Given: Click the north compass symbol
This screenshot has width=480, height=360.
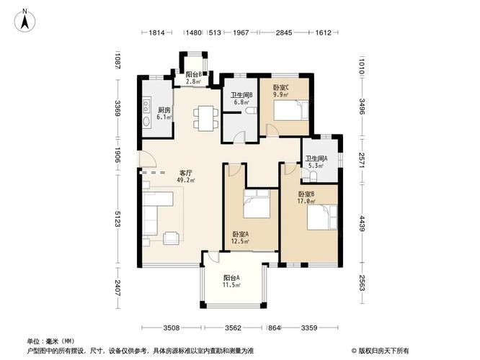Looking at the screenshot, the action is (x=25, y=20).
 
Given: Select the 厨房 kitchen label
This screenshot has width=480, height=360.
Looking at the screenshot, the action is (x=164, y=110).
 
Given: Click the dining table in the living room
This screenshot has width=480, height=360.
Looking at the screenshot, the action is (x=205, y=118).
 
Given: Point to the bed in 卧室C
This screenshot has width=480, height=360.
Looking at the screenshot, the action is (x=291, y=110).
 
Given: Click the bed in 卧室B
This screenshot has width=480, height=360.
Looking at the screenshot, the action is (x=322, y=217).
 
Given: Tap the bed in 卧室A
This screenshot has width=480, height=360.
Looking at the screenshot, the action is (x=257, y=204).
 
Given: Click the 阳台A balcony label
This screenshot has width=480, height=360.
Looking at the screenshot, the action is (x=231, y=278).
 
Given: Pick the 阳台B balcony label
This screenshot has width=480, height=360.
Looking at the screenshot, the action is (x=194, y=74).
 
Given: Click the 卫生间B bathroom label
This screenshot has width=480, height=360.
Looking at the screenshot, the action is (x=241, y=95).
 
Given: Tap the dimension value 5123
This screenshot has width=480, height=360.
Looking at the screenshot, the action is (x=117, y=219).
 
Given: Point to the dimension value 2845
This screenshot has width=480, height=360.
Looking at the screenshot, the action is (x=284, y=32).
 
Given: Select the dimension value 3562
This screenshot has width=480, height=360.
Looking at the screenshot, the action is (x=234, y=328).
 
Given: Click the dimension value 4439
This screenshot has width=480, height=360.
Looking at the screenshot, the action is (x=362, y=224).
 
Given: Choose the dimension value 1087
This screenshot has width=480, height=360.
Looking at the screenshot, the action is (x=117, y=62).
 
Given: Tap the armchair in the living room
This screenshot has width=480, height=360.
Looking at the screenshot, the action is (x=171, y=238).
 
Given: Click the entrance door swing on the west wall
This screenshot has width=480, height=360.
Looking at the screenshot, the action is (x=147, y=159).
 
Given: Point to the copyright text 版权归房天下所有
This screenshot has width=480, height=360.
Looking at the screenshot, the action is (x=383, y=351).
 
